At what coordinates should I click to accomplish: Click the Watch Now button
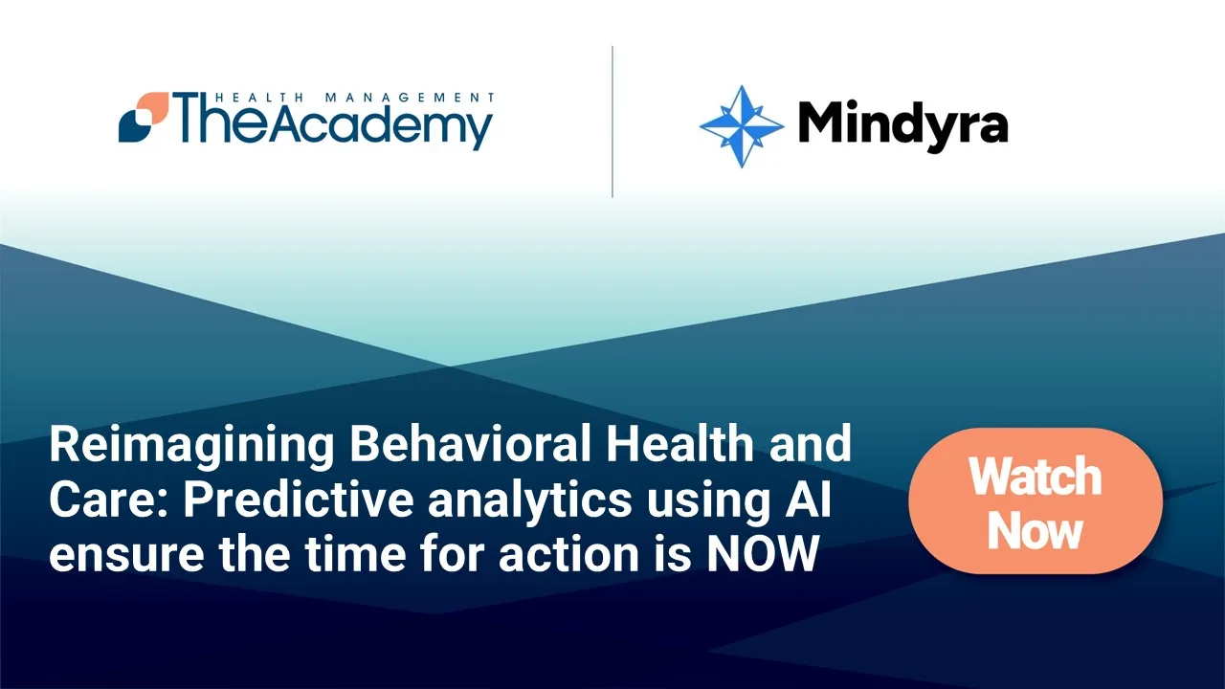pos(1036,501)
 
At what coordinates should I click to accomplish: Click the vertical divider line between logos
pos(612,122)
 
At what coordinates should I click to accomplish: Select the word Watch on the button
pos(1036,476)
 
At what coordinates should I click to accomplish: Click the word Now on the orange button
pos(1036,530)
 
